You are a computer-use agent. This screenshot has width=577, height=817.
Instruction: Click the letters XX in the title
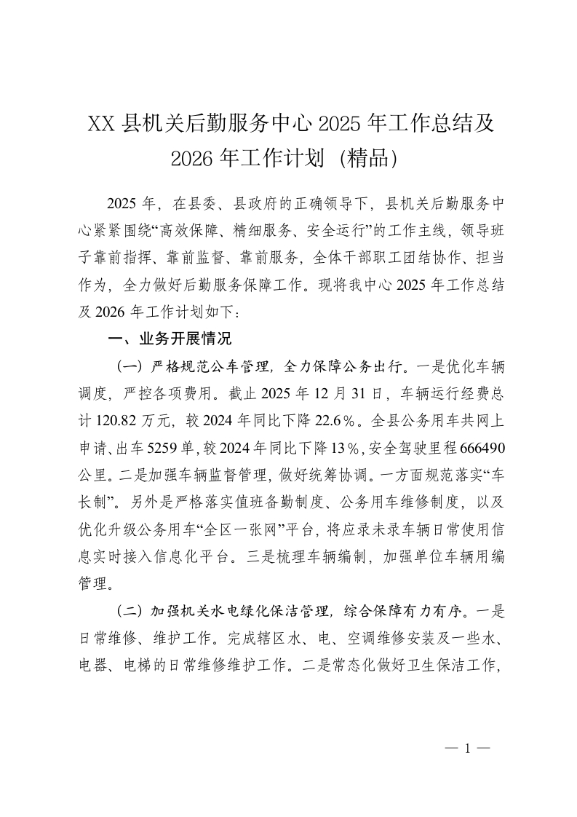click(102, 123)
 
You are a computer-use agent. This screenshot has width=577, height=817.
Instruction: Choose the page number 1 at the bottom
click(468, 748)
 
